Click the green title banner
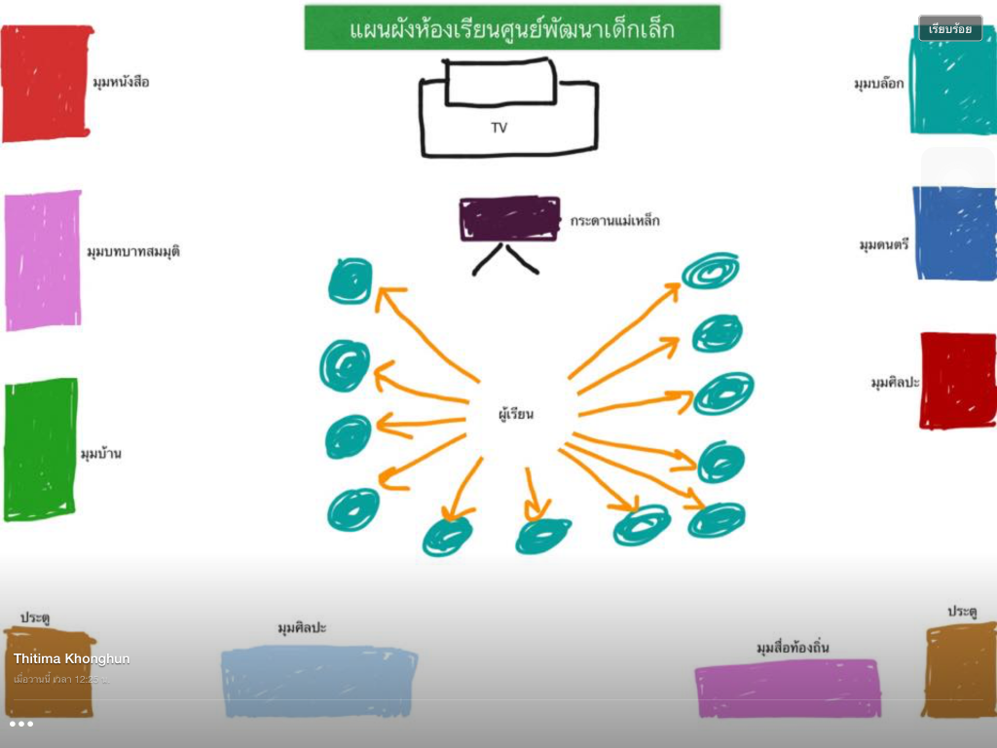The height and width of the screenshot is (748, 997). coord(512,28)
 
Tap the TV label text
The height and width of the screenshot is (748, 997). coord(498,128)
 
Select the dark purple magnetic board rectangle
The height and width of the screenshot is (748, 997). coord(509,218)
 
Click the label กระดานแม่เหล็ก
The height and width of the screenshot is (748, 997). coord(615,221)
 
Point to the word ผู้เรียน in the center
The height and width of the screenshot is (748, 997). coord(516,415)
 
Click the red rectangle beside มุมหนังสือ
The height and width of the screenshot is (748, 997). coord(46,84)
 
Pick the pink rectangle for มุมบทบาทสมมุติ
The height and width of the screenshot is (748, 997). coord(43,260)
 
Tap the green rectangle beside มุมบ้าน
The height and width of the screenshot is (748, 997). coord(40,449)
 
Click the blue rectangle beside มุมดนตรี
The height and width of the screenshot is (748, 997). coord(955,233)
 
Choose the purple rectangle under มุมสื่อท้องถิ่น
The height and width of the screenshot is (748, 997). coord(788,688)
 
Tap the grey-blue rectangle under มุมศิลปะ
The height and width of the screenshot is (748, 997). coord(318,681)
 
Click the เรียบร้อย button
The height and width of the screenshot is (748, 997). coord(950,29)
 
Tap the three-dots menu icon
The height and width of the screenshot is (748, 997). coord(21,724)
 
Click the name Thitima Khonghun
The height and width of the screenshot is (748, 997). coord(71,659)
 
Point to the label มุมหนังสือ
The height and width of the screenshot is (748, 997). coord(122,82)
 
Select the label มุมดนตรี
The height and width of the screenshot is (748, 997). coord(884,244)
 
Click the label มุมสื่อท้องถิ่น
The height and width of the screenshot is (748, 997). coord(793,648)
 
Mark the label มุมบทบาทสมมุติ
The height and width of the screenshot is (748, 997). coord(133,251)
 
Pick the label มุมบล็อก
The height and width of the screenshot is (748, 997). coord(879,84)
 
